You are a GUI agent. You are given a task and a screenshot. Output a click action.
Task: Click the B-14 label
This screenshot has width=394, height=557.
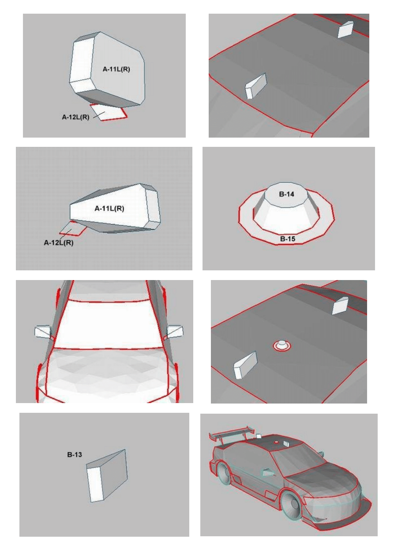(x=286, y=194)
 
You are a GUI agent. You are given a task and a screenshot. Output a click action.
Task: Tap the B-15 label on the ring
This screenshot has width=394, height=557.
(x=288, y=239)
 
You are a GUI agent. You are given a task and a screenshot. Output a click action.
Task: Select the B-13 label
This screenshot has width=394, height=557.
(x=75, y=455)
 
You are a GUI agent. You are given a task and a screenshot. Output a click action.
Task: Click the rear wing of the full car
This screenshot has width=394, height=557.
(x=231, y=434)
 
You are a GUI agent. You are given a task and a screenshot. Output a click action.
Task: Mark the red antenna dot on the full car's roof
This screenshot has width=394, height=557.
(x=276, y=442)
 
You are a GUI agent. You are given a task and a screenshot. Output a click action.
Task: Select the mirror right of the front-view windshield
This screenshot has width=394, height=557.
(x=175, y=330)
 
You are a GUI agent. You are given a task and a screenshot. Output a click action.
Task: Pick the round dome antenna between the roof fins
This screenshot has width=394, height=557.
(x=282, y=346)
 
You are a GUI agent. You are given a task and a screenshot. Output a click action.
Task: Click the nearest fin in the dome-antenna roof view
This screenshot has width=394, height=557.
(x=245, y=365)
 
